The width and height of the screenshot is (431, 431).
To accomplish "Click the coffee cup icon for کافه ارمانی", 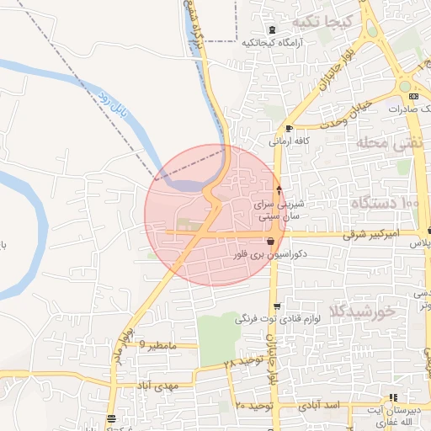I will pos(290,128).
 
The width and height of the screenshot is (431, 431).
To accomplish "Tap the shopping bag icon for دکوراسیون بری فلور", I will pos(269,242).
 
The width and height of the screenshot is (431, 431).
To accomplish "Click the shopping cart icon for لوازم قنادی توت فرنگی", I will pos(276,306).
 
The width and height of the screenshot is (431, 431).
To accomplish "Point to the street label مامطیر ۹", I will pos(159,344).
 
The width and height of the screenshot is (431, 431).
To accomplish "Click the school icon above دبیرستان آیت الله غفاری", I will pos(392,398).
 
